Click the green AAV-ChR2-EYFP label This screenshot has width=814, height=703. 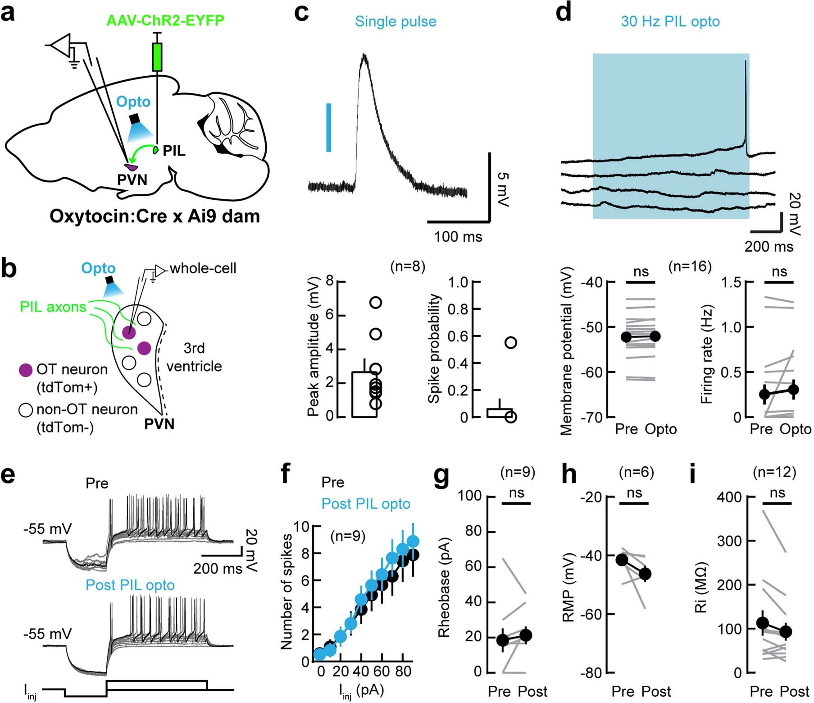point(165,21)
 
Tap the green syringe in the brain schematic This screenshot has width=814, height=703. point(157,57)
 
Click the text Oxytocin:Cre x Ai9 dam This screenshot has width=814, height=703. point(155,216)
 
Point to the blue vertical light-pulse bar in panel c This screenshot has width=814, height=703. point(329,127)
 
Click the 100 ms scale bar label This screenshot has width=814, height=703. point(458,237)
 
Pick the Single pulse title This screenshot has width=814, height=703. point(395,21)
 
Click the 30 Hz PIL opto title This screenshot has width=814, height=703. point(670,21)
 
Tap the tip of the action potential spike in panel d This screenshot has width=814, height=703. point(746,62)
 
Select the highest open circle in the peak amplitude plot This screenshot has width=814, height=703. point(376,303)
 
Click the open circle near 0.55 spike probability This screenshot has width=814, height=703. point(510,343)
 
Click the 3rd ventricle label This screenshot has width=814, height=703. point(194,357)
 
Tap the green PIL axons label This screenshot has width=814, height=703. point(53,307)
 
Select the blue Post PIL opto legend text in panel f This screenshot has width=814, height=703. point(365,504)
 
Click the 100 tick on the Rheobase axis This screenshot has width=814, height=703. point(469,496)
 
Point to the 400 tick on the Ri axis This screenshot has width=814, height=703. point(731,496)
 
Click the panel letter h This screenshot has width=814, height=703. point(569,475)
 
